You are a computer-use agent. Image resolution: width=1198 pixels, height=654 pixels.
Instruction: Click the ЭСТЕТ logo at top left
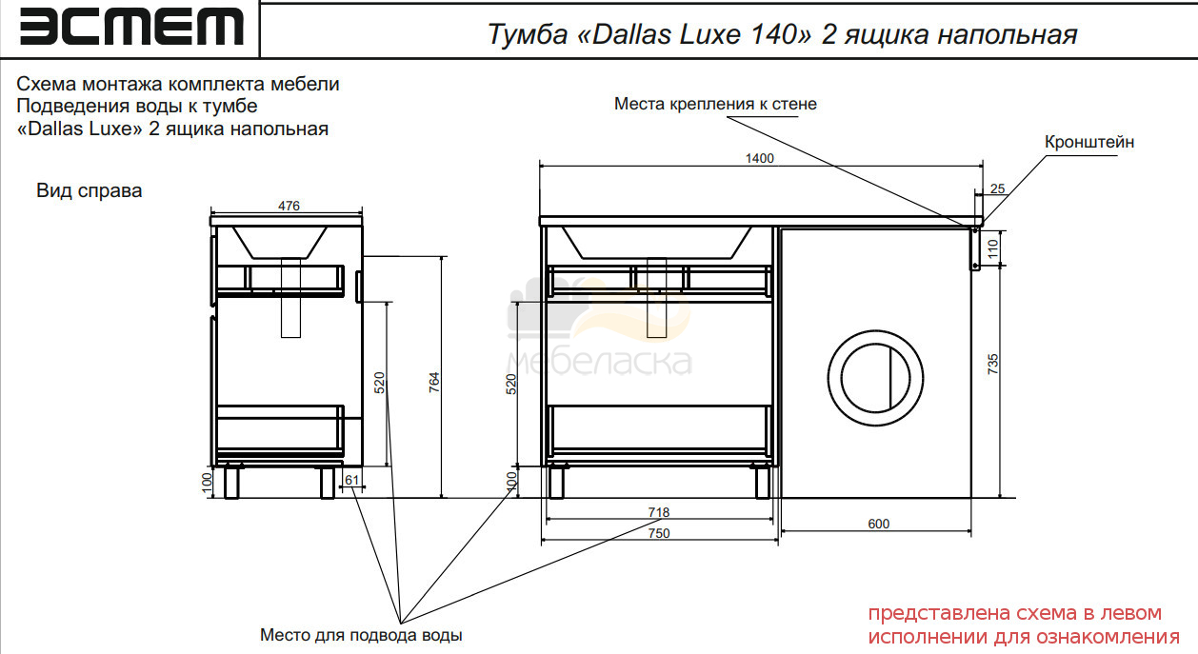131,27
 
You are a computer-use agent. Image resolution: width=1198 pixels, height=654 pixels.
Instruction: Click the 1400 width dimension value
759,158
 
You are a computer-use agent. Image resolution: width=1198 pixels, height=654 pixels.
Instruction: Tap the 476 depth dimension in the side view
289,206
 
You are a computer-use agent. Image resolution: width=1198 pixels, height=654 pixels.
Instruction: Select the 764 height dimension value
433,383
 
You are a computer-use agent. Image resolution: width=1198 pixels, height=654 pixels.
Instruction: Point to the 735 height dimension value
992,364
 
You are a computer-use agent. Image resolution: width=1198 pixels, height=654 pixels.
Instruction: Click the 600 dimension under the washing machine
879,524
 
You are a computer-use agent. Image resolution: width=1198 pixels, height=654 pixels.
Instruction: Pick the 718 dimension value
658,512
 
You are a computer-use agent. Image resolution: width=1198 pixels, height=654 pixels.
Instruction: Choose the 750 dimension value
659,533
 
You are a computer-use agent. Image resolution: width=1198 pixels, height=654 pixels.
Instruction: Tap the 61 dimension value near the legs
351,480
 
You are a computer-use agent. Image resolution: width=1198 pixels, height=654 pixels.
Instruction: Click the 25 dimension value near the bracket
997,188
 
